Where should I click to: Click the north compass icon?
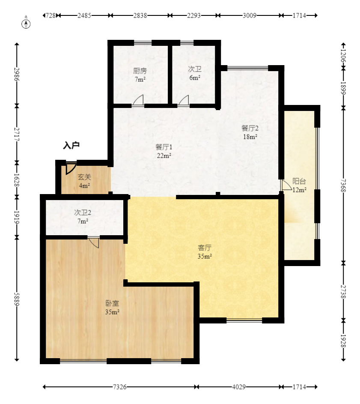coord(27,23)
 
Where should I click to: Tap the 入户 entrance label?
coord(71,146)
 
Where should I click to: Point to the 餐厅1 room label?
coord(164,147)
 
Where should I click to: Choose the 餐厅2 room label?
coord(250,128)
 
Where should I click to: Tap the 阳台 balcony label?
coord(299,181)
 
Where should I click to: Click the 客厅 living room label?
coord(205,248)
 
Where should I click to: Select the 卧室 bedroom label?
coord(112,303)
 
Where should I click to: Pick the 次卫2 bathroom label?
coord(83,212)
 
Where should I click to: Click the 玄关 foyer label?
coord(84,177)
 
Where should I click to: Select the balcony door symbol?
coord(285,185)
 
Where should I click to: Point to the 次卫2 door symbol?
coord(94,242)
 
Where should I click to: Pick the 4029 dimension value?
coord(239,387)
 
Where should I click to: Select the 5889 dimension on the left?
coord(17,299)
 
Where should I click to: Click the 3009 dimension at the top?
coord(250,15)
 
